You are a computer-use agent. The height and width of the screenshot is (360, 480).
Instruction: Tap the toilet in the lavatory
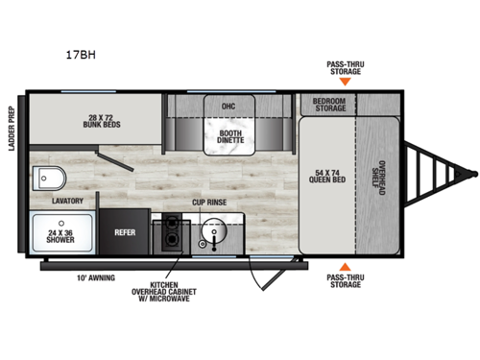click(47, 179)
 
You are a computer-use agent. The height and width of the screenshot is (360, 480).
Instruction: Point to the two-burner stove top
click(172, 234)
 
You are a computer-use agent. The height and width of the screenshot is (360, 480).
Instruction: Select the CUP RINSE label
click(208, 204)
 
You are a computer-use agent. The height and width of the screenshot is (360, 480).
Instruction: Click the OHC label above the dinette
click(228, 107)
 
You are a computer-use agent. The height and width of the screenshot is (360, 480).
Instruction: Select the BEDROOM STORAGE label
click(326, 104)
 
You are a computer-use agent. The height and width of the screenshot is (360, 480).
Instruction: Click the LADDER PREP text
click(12, 130)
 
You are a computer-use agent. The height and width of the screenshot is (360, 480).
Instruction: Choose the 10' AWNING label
click(95, 279)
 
